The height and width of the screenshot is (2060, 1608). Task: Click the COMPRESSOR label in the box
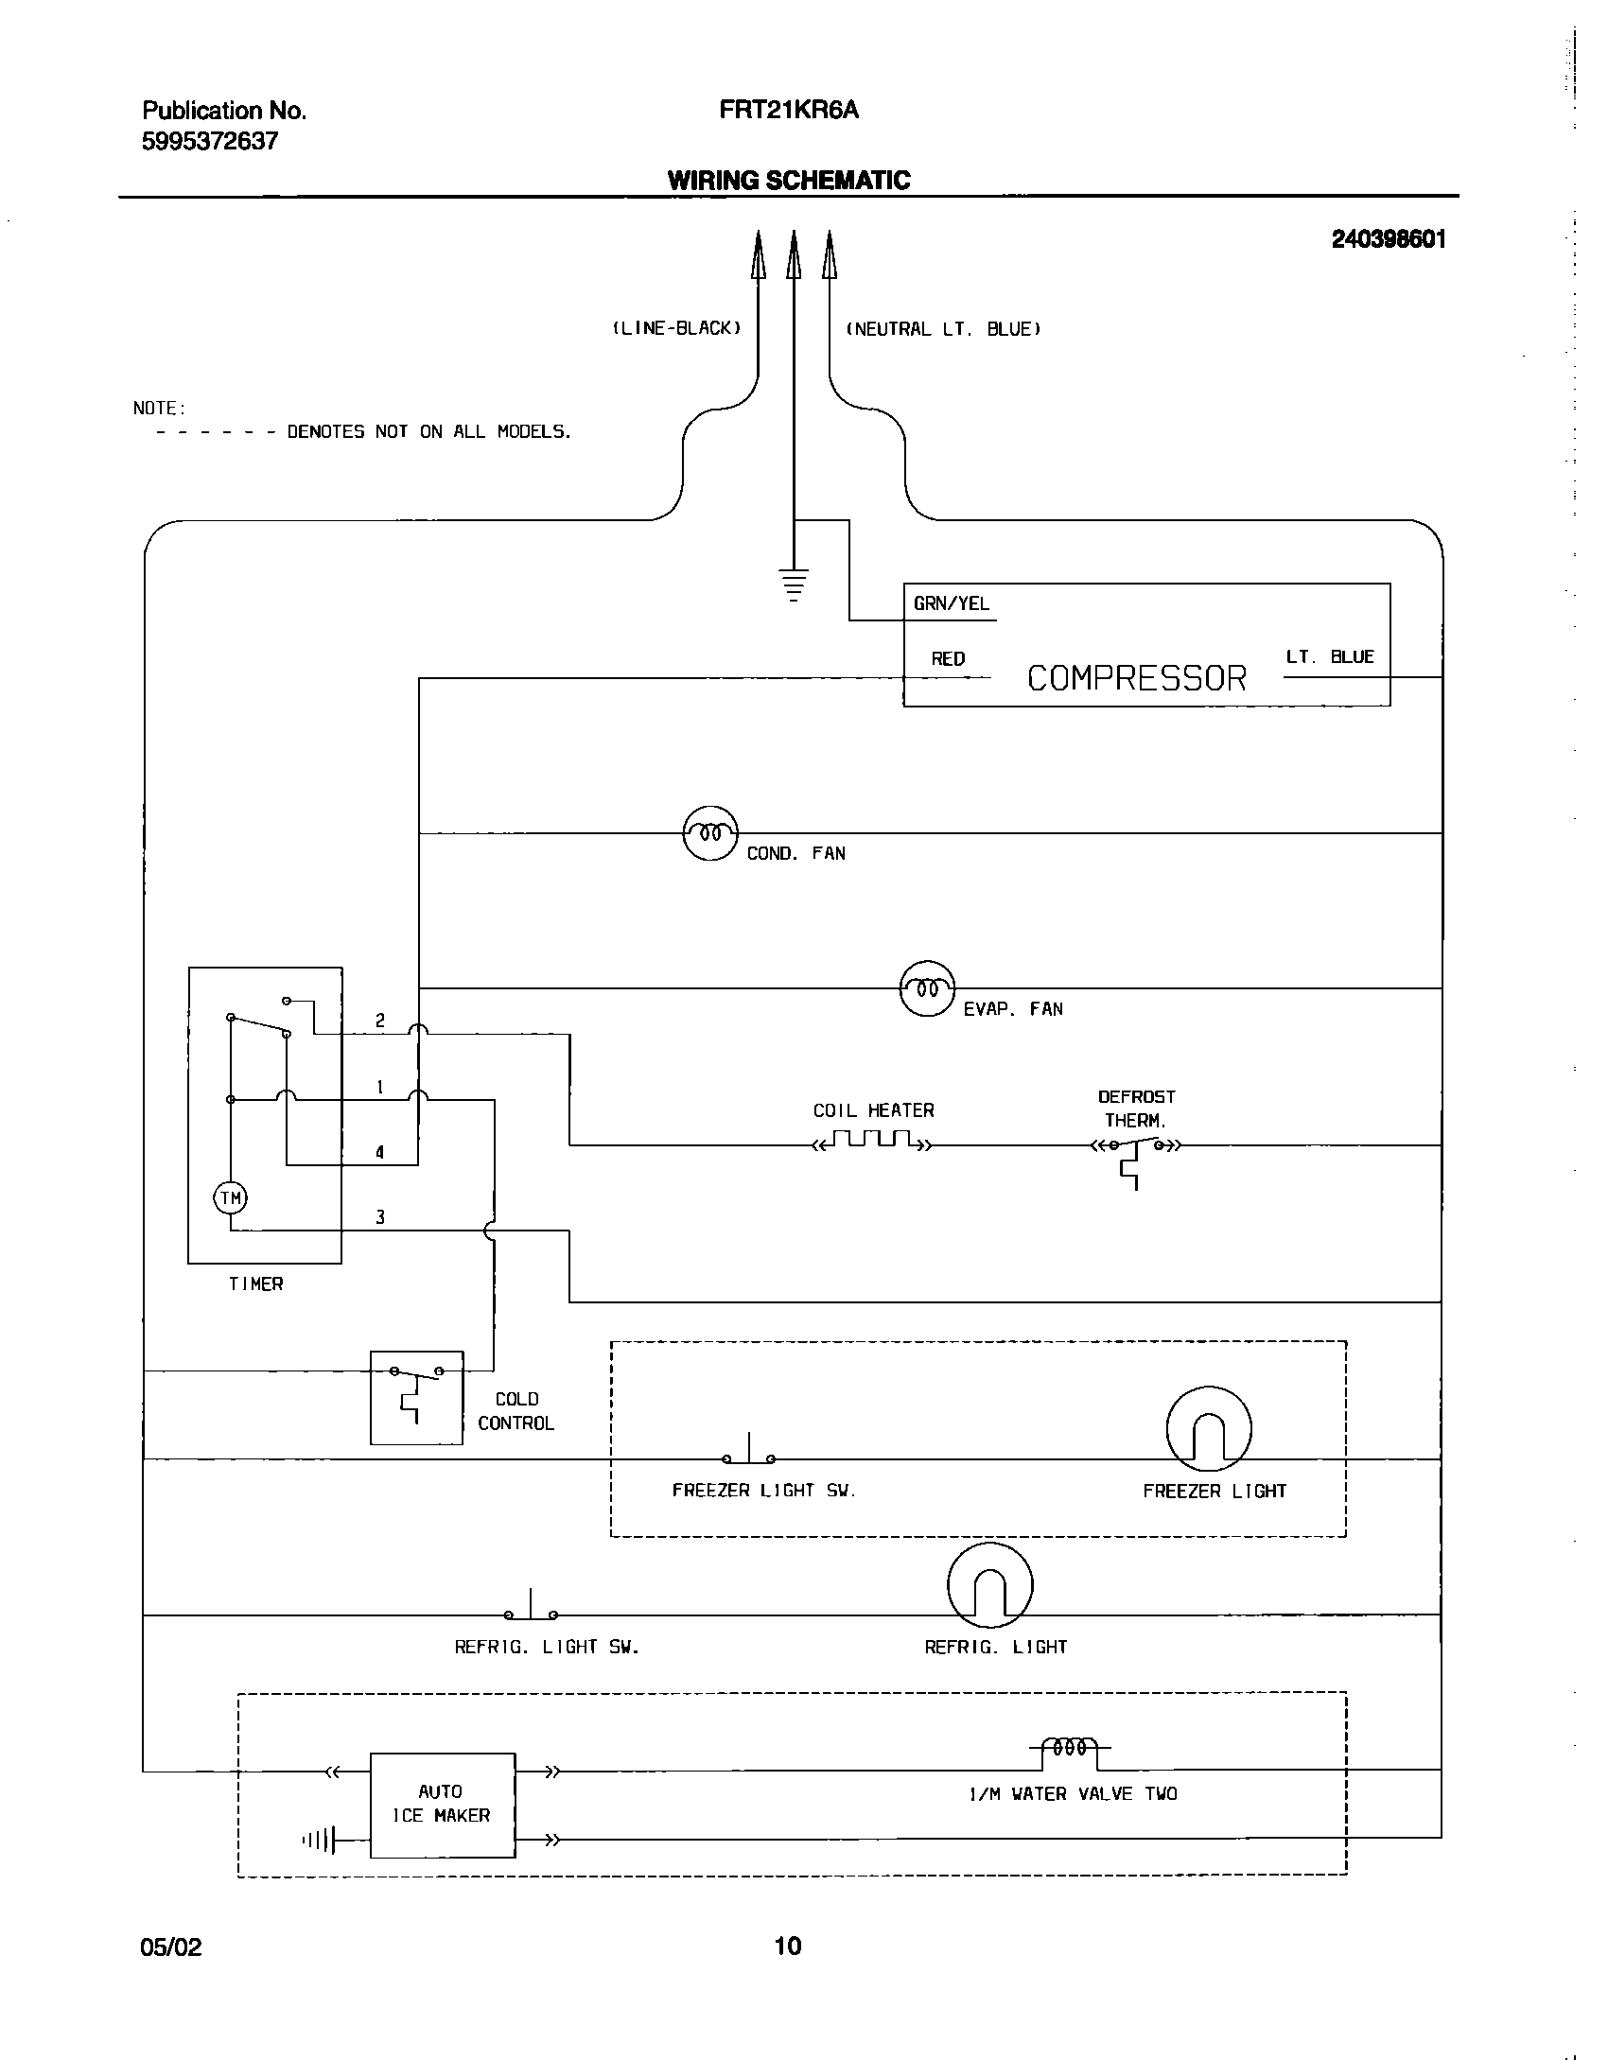[x=1136, y=678]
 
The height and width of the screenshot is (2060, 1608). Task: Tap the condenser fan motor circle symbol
[x=709, y=833]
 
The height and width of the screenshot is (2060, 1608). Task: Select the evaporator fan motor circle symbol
[x=926, y=988]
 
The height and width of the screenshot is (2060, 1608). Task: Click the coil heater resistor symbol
[x=872, y=1140]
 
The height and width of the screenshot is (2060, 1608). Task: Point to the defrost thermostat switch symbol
[x=1135, y=1149]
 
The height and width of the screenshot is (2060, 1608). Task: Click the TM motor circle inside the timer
[x=231, y=1198]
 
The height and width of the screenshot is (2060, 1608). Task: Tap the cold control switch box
[x=416, y=1397]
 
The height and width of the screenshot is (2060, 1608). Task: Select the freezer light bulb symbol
[x=1208, y=1429]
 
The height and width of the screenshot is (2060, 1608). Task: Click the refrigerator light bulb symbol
[x=989, y=1585]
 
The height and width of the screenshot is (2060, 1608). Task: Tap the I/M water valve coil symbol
[x=1070, y=1748]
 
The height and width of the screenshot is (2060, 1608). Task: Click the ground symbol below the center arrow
[x=794, y=585]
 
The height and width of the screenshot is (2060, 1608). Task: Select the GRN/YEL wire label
[x=951, y=603]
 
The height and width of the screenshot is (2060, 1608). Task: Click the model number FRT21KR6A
[x=788, y=111]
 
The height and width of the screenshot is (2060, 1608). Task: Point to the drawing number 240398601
[x=1388, y=239]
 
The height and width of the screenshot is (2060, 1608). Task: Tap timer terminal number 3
[x=380, y=1217]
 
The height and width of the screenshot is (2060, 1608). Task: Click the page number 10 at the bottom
[x=788, y=1946]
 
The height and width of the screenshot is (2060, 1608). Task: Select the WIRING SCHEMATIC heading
[x=788, y=181]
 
